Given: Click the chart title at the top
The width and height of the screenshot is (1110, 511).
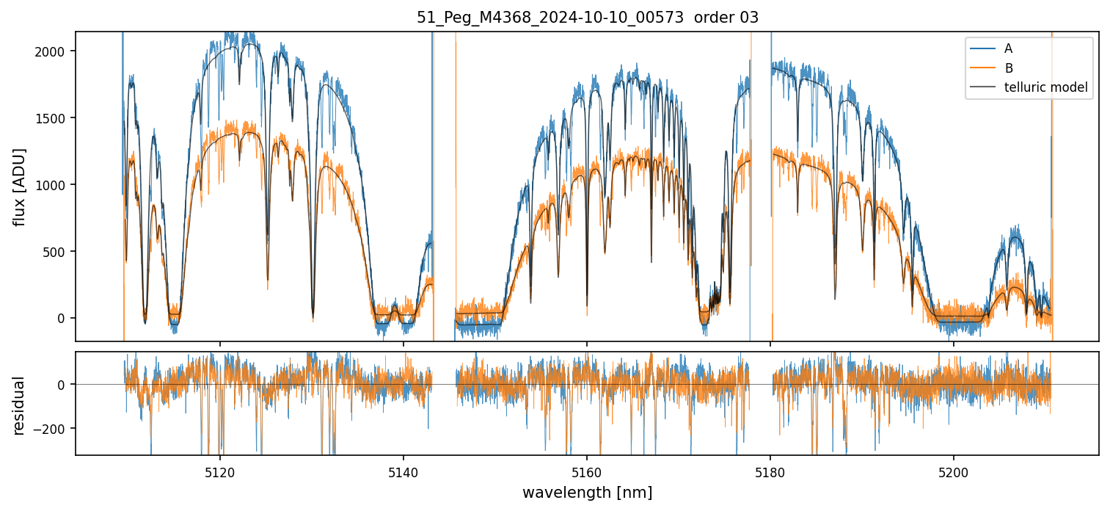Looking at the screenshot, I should coord(587,18).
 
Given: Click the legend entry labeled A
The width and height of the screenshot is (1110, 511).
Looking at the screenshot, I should coord(1008,48).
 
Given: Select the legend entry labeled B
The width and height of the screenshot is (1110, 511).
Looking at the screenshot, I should coord(1008,68).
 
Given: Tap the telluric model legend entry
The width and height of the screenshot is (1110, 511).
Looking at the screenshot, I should coord(1045,88).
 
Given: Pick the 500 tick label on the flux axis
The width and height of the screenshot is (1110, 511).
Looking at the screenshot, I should coord(59,252).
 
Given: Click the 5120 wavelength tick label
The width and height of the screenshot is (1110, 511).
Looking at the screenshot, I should coord(220,471).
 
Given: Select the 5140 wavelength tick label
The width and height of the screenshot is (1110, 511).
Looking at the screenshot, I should coord(404,471).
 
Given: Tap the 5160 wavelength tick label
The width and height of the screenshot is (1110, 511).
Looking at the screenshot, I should coord(587,471).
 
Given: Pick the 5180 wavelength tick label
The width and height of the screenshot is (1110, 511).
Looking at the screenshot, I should coord(770,471).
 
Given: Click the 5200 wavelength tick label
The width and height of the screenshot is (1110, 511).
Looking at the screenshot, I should coord(954,471).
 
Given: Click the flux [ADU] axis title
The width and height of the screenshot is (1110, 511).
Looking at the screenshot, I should coord(20,186).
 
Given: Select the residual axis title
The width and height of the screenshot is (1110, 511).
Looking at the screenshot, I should coord(20,405).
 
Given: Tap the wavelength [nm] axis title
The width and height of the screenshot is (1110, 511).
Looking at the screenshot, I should coord(587,492).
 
